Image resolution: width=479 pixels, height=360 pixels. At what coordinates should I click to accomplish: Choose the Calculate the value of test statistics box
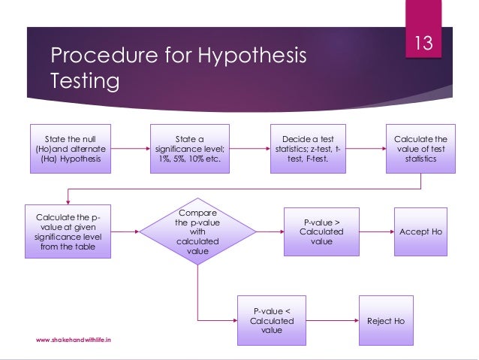pyautogui.click(x=420, y=149)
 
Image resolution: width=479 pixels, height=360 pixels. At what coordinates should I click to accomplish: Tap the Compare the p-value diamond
pyautogui.click(x=197, y=232)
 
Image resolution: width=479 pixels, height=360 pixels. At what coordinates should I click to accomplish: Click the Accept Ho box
pyautogui.click(x=420, y=232)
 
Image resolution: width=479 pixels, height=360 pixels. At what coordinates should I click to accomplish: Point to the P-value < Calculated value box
pyautogui.click(x=273, y=321)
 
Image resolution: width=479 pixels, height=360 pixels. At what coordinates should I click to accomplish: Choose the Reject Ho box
pyautogui.click(x=385, y=321)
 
